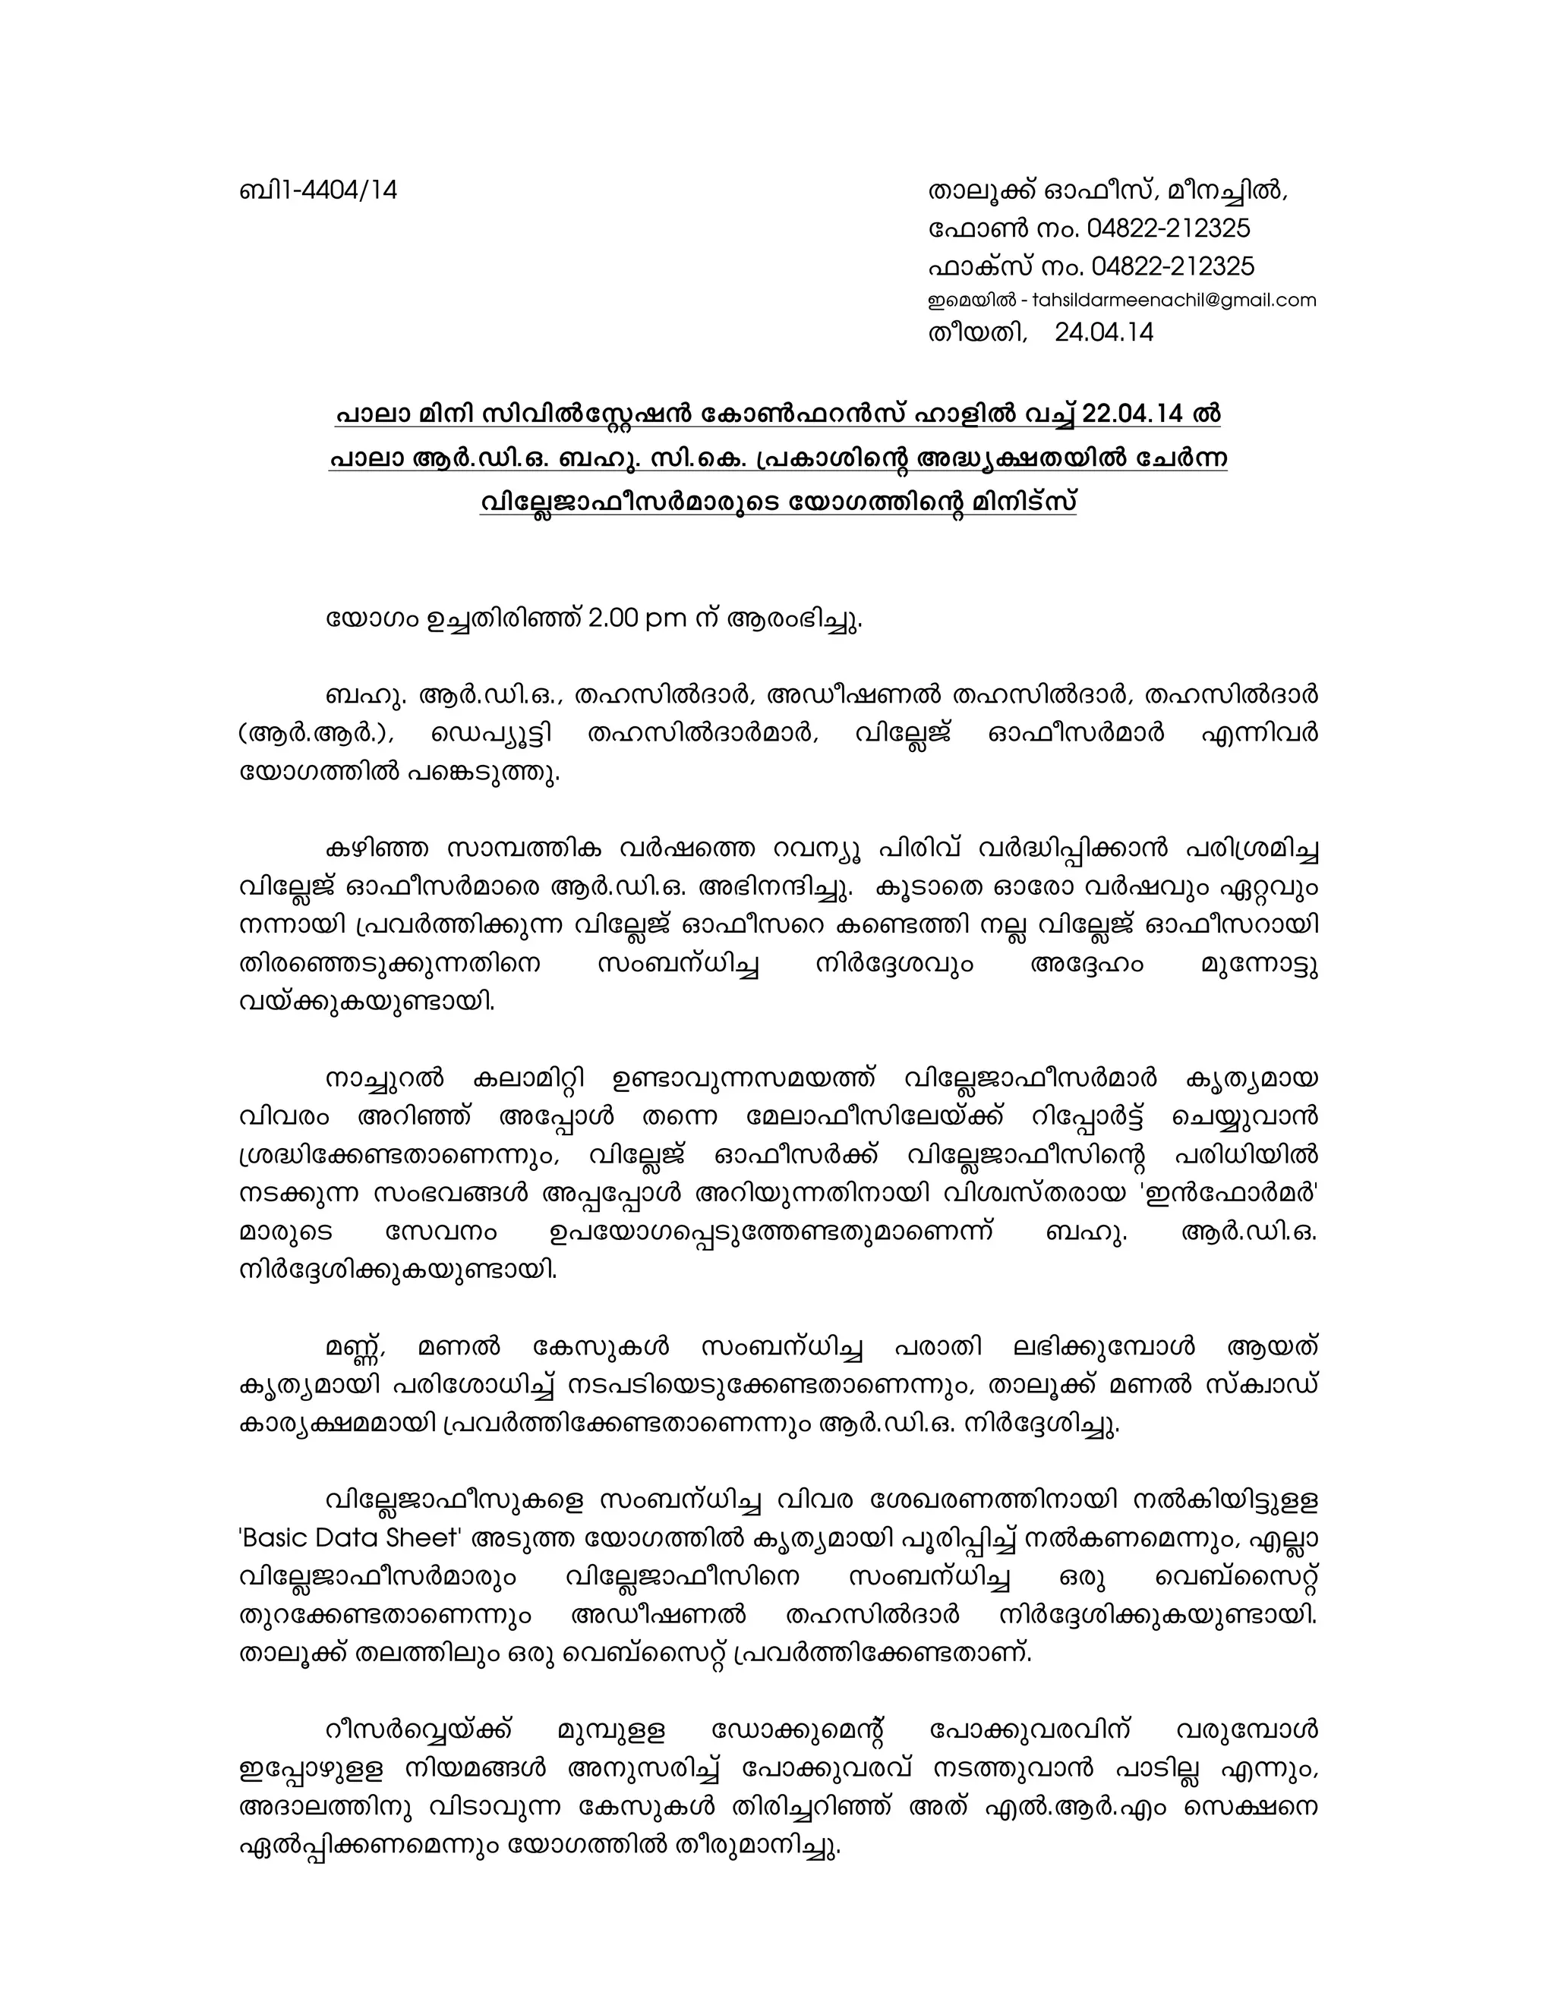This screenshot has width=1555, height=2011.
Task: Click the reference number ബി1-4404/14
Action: tap(318, 190)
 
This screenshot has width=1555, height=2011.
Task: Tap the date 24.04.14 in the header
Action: tap(1103, 332)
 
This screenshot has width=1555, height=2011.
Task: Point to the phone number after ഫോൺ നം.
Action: tap(1168, 228)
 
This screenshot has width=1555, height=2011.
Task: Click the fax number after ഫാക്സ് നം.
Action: tap(1172, 267)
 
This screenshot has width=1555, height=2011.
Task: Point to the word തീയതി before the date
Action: tap(976, 332)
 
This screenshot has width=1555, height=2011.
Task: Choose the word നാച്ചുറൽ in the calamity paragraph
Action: tap(384, 1078)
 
